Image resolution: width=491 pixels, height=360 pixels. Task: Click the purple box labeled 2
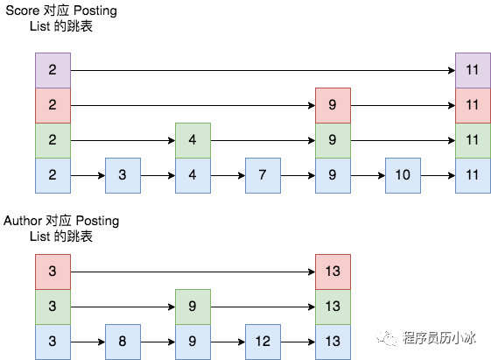[53, 70]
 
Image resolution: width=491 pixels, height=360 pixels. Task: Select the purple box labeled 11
[473, 70]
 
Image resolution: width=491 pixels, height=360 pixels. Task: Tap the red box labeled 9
[333, 106]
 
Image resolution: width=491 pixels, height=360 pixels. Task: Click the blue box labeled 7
[263, 175]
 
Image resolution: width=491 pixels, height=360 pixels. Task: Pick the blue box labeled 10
[403, 175]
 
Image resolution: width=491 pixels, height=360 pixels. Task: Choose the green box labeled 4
[193, 140]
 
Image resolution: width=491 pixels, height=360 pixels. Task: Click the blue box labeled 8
[123, 342]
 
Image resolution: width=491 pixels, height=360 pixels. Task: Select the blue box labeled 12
[263, 342]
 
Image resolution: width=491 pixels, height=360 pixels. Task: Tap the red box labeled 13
[333, 272]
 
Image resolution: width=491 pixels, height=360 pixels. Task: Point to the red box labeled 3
[53, 272]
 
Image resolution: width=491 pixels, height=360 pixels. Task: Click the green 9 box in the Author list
[193, 307]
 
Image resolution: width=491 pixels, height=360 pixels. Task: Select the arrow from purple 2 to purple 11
[263, 70]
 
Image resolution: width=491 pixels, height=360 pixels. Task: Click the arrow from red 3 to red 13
[193, 272]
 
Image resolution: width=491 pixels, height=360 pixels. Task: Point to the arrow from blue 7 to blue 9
[298, 175]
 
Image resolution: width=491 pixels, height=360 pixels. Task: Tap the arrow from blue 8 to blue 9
[158, 342]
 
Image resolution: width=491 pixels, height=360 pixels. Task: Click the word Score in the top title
[22, 11]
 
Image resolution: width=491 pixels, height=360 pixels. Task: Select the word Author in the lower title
[23, 221]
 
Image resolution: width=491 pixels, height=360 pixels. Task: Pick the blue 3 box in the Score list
[123, 175]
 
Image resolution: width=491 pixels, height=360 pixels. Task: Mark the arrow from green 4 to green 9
[263, 140]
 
